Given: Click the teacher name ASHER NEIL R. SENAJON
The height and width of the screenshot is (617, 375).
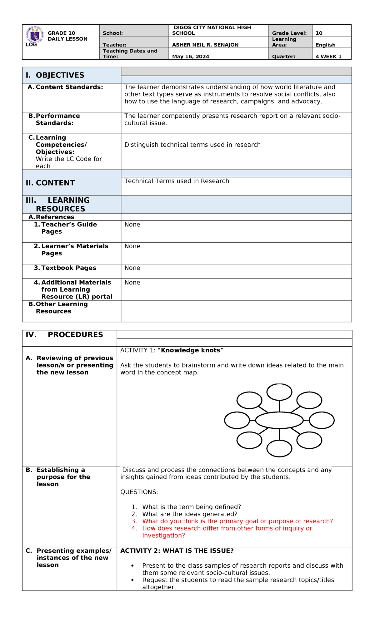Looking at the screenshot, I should [x=205, y=45].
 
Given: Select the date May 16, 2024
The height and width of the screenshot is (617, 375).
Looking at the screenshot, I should [x=191, y=57].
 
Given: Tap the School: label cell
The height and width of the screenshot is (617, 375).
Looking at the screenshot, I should [x=113, y=33].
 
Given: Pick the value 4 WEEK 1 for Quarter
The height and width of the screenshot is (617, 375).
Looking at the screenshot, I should [x=328, y=57].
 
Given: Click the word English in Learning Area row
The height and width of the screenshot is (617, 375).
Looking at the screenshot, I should [x=325, y=45].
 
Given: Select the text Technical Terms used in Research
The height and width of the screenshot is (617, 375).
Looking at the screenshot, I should [x=177, y=181].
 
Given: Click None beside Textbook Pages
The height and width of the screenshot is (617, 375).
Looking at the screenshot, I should [x=132, y=268].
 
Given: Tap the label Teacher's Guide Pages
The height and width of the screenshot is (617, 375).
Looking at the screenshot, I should [x=69, y=228].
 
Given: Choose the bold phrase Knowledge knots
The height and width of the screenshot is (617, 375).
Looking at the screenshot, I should [x=191, y=350].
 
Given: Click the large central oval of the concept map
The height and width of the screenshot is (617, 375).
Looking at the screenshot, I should [x=279, y=420].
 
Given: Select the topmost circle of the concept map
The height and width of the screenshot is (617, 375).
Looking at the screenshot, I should [x=279, y=392].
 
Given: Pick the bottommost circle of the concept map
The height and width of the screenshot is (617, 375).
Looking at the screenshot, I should [x=279, y=448].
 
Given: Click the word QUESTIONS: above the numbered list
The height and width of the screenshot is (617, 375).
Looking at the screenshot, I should [x=139, y=492].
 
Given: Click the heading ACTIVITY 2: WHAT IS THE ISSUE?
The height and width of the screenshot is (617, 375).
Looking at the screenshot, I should [x=177, y=551].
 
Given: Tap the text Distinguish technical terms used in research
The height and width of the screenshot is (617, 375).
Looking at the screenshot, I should [x=192, y=145].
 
